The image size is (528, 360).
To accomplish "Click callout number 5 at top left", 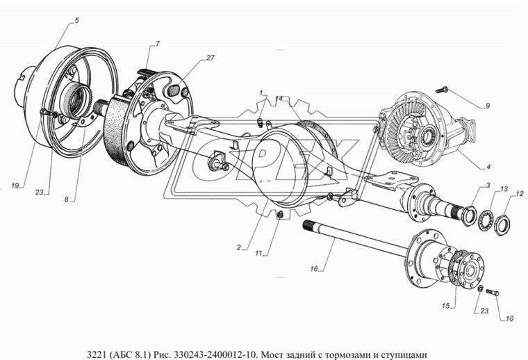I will (76, 21).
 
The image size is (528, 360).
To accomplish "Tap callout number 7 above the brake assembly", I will (158, 44).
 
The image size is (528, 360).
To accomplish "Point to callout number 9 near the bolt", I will (488, 106).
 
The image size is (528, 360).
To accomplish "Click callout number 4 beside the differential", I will (489, 166).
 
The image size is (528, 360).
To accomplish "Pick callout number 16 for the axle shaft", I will (313, 268).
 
